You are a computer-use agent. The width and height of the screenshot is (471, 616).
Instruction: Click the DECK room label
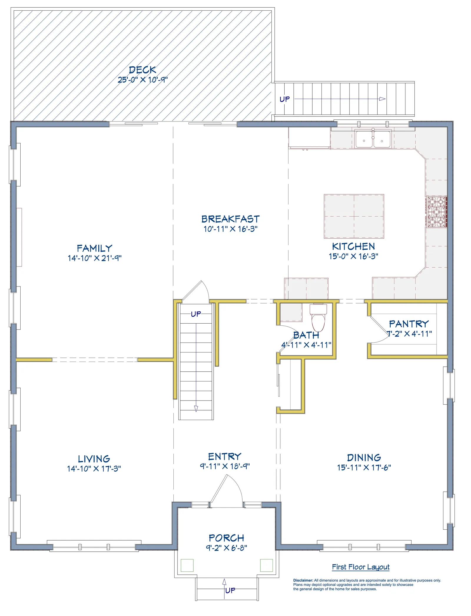tap(142, 70)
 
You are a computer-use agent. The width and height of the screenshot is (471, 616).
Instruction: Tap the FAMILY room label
tap(94, 248)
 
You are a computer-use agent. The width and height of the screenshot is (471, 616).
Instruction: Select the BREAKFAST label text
tap(230, 219)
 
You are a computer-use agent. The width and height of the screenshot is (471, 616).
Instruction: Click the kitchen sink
tap(373, 139)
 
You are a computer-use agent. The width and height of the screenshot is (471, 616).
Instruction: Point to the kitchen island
tap(354, 216)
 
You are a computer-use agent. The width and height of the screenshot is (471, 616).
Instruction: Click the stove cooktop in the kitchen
tap(437, 212)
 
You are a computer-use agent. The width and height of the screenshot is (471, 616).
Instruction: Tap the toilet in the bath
tap(318, 318)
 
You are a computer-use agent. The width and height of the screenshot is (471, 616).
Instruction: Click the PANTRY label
tap(409, 324)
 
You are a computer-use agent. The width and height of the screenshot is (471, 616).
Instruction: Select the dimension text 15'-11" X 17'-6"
tap(364, 467)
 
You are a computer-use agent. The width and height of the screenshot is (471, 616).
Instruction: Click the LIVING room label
tap(94, 459)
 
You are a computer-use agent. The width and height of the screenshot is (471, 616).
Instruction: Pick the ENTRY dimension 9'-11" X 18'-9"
tap(225, 466)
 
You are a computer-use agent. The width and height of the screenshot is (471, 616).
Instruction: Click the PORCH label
tap(226, 538)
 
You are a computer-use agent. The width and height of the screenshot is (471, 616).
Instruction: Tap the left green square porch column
tap(187, 565)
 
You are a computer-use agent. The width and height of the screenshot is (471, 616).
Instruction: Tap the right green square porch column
tap(266, 565)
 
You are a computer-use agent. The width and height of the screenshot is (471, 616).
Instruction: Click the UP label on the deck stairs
tap(285, 99)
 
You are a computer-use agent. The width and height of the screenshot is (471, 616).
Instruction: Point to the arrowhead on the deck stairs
tap(382, 99)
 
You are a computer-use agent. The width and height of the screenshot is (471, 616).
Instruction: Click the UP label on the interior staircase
tap(196, 314)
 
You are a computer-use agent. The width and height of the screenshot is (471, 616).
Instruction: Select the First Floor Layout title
tap(361, 567)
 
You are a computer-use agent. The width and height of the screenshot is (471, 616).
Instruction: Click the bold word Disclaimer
tap(303, 580)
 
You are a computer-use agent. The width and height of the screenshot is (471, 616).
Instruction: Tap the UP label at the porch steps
tap(230, 590)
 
